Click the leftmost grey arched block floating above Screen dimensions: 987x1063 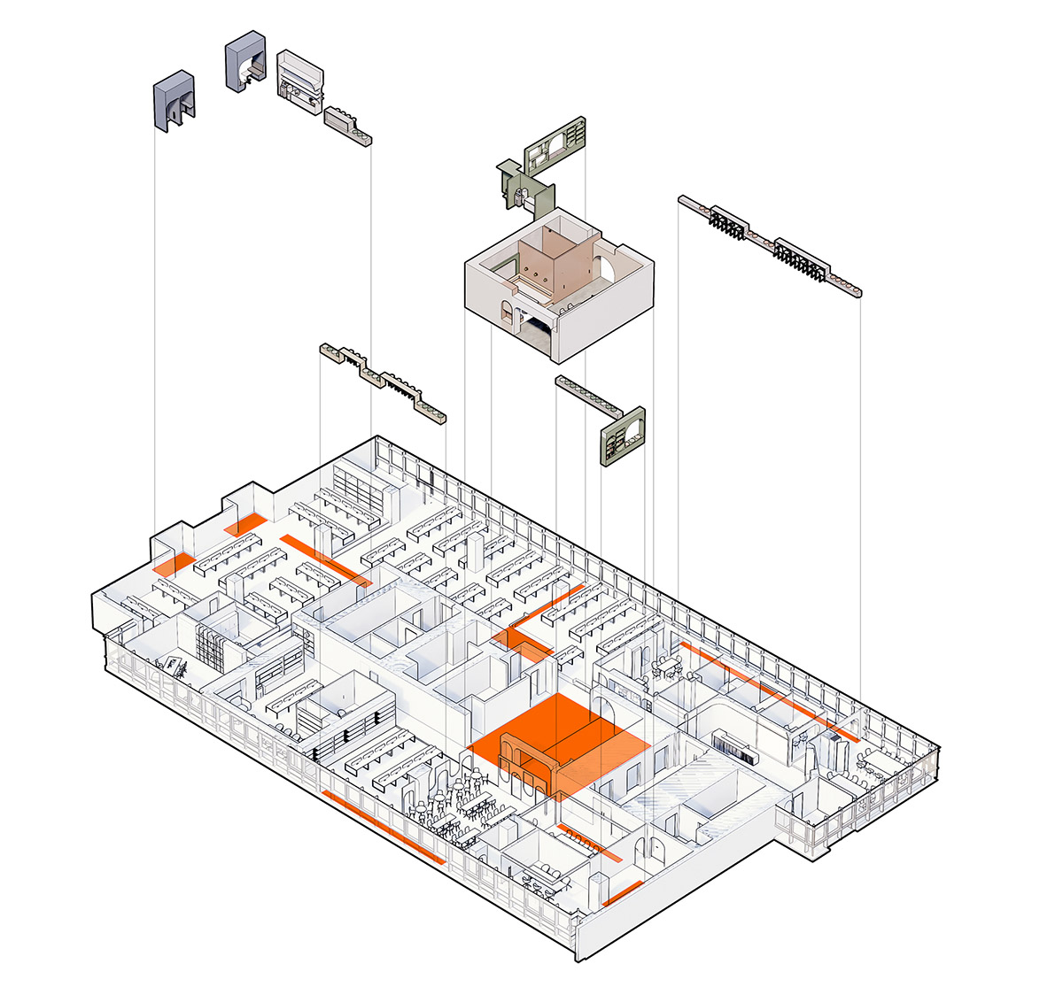(x=175, y=102)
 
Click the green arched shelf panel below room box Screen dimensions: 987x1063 (x=624, y=436)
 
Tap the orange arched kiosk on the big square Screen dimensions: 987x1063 (x=530, y=761)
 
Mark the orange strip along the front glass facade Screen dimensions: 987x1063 (x=383, y=827)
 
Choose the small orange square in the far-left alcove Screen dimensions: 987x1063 (x=174, y=565)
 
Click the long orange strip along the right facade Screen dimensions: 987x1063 (x=771, y=692)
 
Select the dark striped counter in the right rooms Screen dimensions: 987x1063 (x=735, y=749)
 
